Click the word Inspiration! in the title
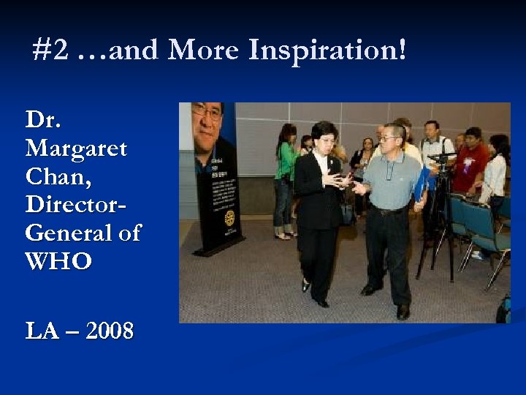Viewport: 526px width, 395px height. tap(327, 50)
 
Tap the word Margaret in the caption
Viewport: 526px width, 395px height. tap(76, 149)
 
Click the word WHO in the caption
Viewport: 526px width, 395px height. tap(58, 262)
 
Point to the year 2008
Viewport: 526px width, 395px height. tap(110, 331)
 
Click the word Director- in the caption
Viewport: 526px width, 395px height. tap(76, 205)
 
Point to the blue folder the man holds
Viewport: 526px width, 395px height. tap(422, 184)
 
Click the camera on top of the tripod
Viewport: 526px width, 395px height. tap(441, 157)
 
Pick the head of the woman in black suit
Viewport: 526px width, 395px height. tap(321, 135)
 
